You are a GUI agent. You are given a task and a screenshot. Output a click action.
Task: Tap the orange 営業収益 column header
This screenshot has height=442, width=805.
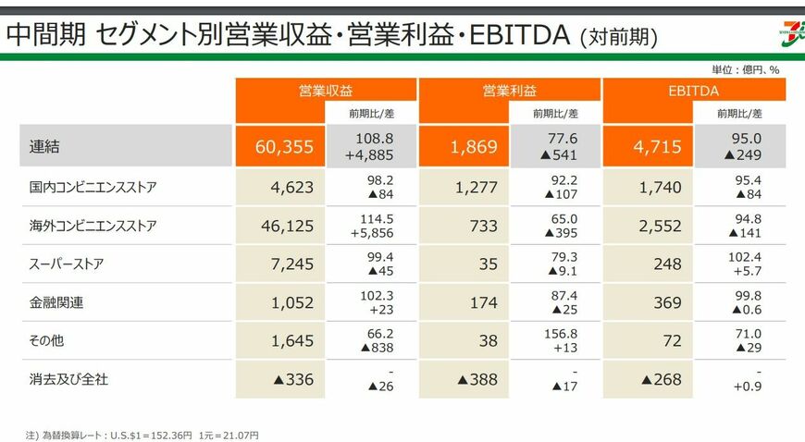[325, 90]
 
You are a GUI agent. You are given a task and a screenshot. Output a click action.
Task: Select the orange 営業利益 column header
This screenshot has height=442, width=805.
[509, 90]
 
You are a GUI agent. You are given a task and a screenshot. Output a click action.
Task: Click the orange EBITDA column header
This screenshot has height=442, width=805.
[693, 90]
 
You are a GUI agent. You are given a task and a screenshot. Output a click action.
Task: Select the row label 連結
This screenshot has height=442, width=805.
[43, 146]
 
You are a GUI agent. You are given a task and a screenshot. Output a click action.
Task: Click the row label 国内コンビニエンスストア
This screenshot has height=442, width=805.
[93, 188]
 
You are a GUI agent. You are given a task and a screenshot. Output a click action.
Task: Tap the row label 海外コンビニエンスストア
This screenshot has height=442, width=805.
[93, 226]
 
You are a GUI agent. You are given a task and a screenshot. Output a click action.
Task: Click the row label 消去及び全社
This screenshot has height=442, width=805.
[69, 379]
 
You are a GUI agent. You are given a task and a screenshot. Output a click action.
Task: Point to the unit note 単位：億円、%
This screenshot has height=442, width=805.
[745, 69]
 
